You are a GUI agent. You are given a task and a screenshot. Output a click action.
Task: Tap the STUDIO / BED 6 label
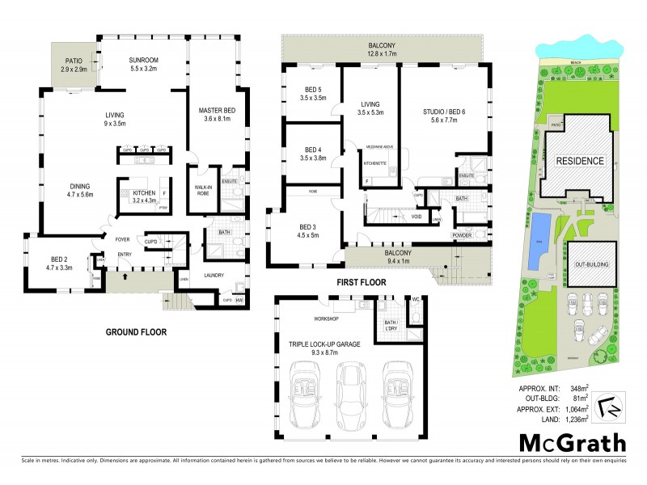445,112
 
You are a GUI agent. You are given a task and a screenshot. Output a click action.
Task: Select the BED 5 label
312,90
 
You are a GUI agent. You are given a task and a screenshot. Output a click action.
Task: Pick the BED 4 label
312,150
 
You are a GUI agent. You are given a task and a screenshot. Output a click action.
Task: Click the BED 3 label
308,226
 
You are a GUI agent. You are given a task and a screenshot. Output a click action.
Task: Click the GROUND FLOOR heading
136,332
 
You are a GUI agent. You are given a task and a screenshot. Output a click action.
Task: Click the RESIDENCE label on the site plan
579,161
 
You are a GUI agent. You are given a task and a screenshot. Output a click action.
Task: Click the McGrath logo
572,443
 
